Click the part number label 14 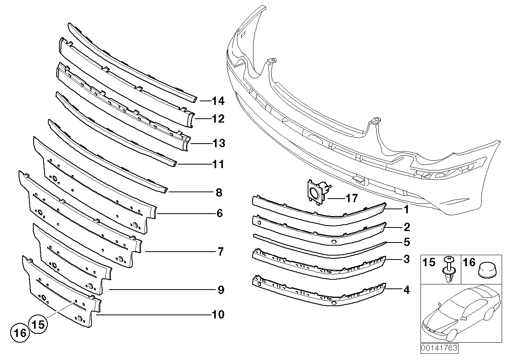[x=218, y=101]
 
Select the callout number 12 [x=218, y=119]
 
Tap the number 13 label [x=218, y=143]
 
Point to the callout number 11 [x=218, y=164]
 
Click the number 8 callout [x=219, y=193]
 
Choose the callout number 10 [x=218, y=315]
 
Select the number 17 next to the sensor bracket [x=351, y=198]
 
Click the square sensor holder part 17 [x=316, y=193]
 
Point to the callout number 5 [x=406, y=241]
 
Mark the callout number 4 [x=406, y=290]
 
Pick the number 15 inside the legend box [x=429, y=262]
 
